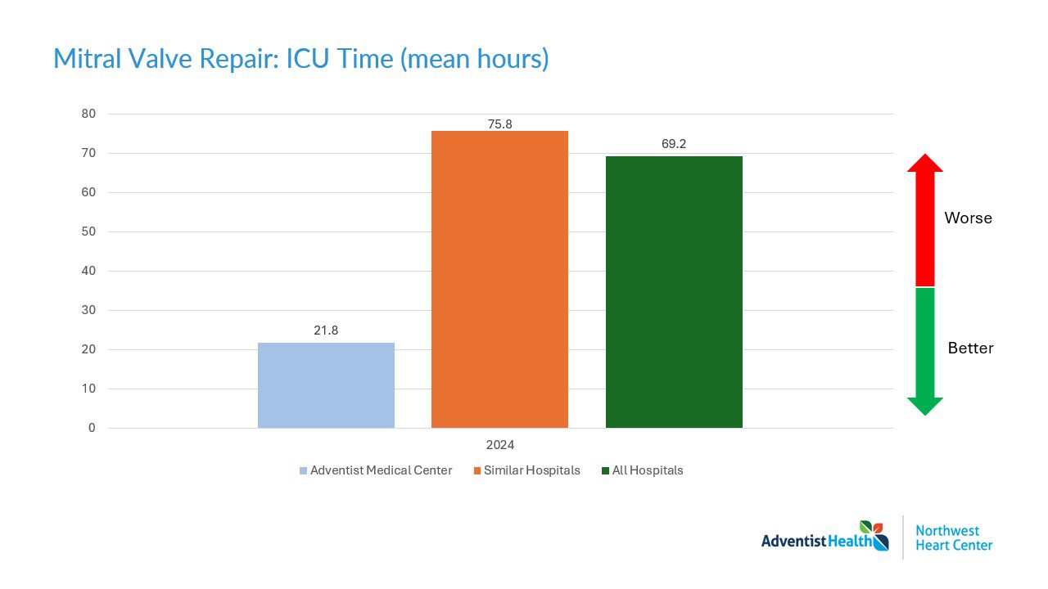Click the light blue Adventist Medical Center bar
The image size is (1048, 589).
point(326,384)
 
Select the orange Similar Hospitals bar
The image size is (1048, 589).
point(499,279)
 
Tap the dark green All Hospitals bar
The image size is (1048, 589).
point(674,292)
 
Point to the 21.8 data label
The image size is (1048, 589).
point(326,330)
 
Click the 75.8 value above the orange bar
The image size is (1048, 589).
point(499,124)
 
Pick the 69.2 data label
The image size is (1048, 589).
point(674,144)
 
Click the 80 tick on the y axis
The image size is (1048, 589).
point(88,114)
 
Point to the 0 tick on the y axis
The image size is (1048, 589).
point(92,428)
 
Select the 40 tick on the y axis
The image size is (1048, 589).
point(88,271)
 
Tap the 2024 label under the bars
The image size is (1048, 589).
point(499,445)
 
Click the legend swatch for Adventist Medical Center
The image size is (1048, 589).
point(303,471)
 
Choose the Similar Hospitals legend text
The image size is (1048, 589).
point(531,470)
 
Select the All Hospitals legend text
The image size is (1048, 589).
point(647,470)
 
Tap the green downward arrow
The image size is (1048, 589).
point(925,352)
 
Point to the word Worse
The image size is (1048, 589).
point(968,218)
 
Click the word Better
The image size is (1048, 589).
point(970,348)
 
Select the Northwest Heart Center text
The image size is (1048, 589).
point(953,537)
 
